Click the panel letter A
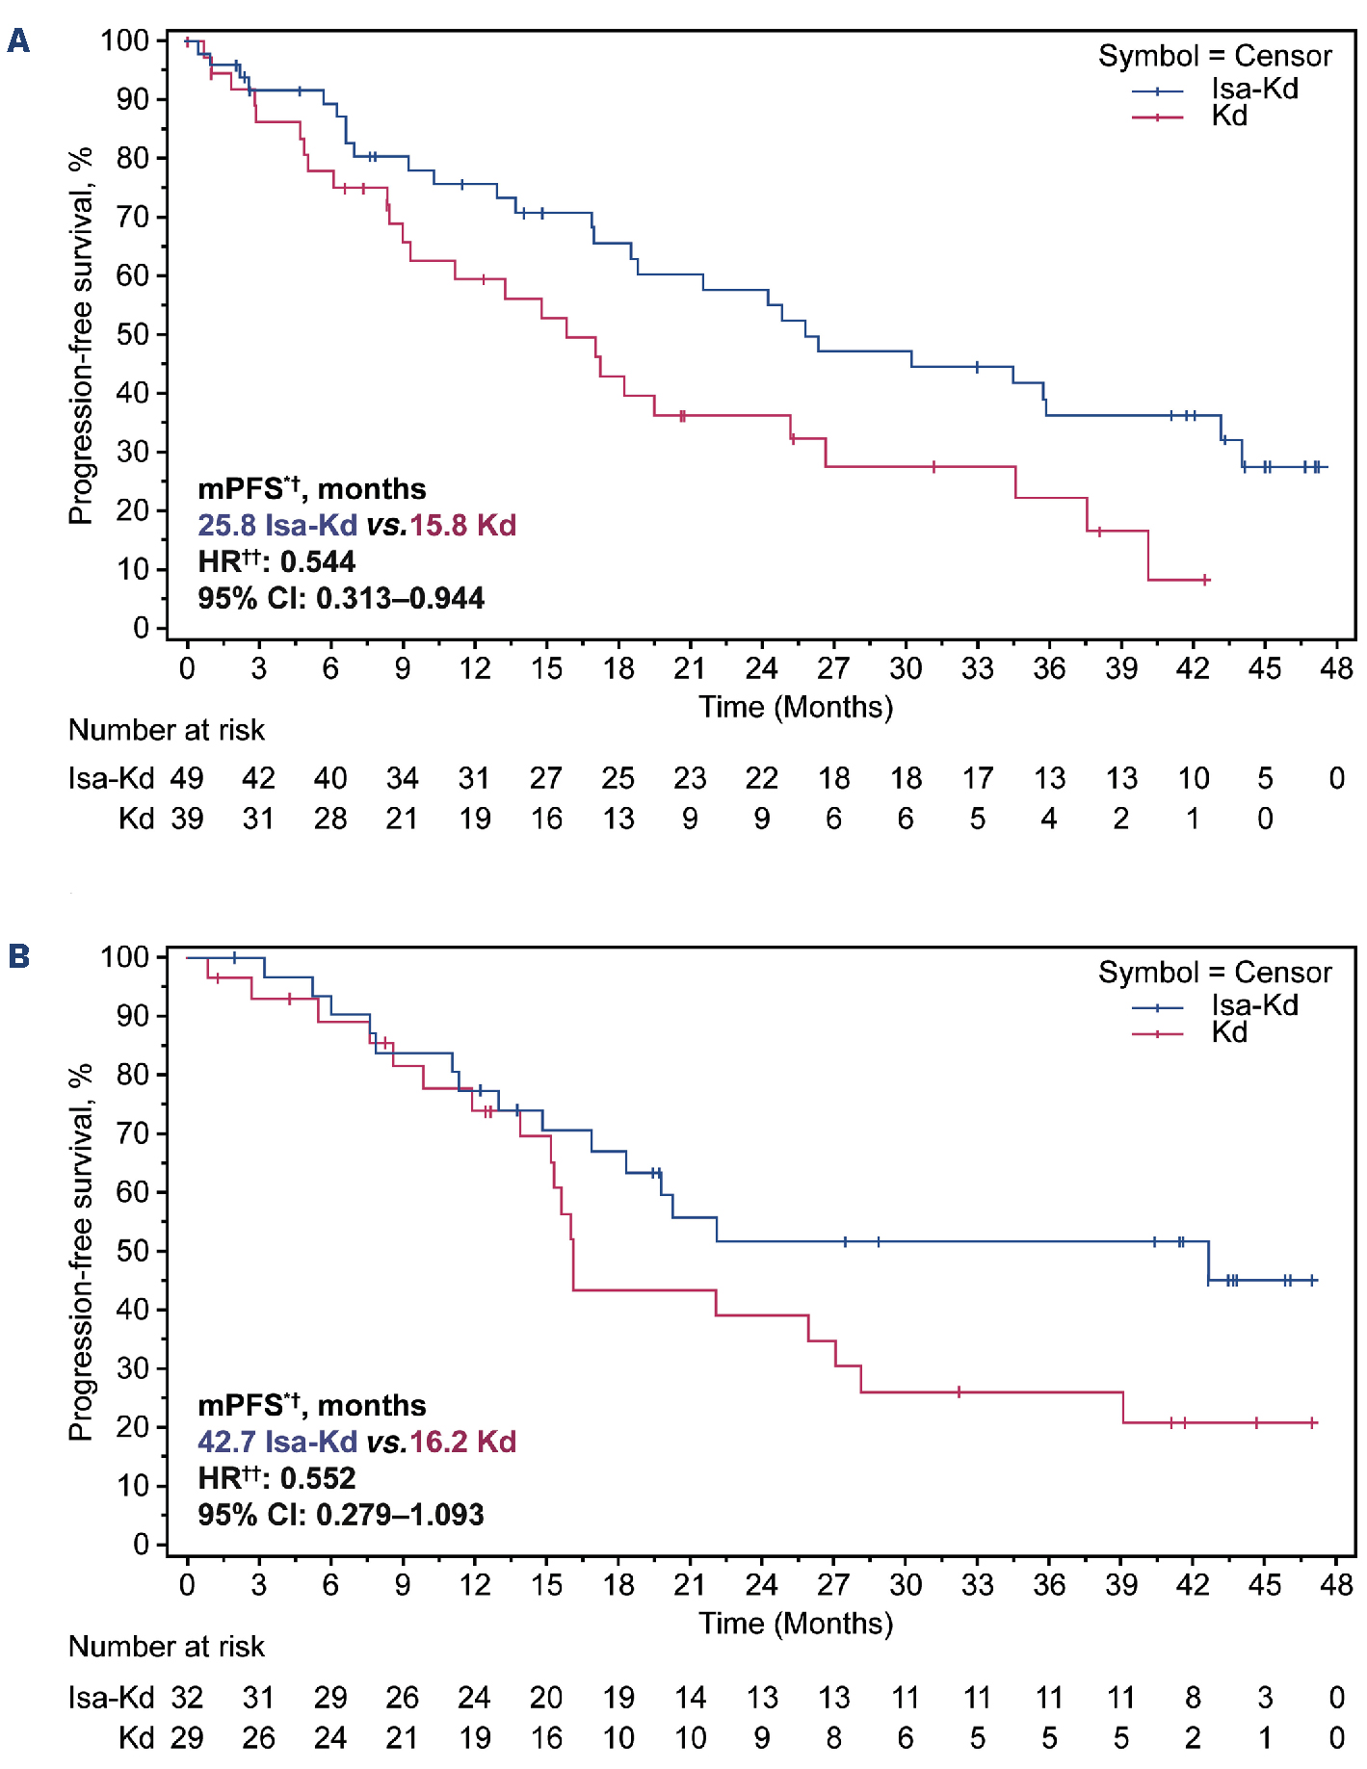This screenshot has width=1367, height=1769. (x=18, y=41)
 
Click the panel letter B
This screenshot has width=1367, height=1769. (x=18, y=956)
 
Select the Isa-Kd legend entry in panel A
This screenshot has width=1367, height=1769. (x=1254, y=89)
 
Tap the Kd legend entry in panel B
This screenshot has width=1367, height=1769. (x=1229, y=1032)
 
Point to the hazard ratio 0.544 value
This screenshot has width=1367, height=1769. (x=318, y=561)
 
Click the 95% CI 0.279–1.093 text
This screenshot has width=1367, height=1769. (x=341, y=1515)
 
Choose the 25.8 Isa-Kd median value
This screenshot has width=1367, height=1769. (x=277, y=525)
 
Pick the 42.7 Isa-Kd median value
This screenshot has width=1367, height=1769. (x=277, y=1442)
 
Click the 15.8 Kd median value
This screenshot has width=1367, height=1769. (x=463, y=525)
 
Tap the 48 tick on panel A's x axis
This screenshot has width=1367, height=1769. (x=1336, y=668)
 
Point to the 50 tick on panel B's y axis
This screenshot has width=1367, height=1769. (x=133, y=1251)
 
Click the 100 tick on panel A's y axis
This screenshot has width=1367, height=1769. (x=125, y=40)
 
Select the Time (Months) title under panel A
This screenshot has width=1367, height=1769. (x=796, y=707)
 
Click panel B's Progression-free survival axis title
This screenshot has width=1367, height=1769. (x=82, y=1252)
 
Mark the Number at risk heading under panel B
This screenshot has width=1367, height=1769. (x=167, y=1647)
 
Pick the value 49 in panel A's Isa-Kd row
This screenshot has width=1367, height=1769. (x=187, y=778)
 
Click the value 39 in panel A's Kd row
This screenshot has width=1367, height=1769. (x=187, y=819)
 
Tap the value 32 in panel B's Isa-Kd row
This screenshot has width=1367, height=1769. (x=187, y=1697)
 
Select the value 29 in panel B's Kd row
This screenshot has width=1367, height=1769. (x=187, y=1737)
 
